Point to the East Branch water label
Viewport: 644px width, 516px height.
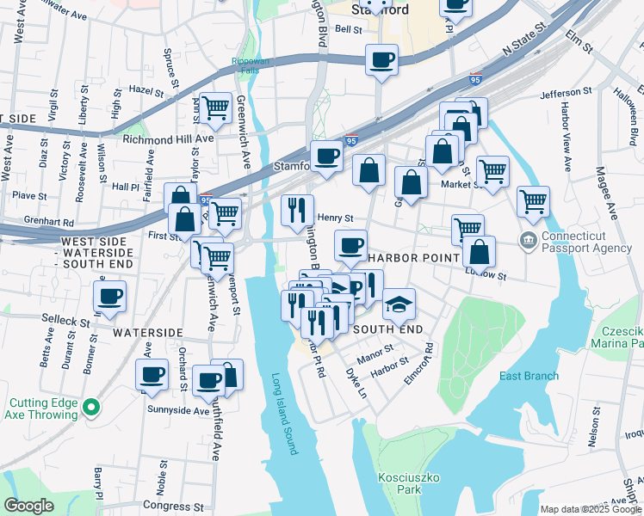(x=529, y=376)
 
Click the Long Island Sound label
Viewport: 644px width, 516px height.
(x=283, y=414)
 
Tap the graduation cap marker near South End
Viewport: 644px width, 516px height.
(x=398, y=305)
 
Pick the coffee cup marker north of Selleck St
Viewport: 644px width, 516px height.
(x=110, y=298)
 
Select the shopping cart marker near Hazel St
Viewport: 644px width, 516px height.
(x=215, y=108)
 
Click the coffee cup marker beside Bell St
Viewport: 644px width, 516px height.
(x=381, y=60)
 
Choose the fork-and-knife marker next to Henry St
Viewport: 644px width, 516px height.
(x=297, y=210)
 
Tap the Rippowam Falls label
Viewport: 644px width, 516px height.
(x=250, y=65)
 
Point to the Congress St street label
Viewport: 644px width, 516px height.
(x=180, y=507)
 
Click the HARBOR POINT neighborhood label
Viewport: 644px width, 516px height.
(x=405, y=258)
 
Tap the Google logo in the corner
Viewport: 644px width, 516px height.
(x=28, y=506)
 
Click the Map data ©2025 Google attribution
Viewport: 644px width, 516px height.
(x=591, y=509)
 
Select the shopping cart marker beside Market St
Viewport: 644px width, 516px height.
(x=492, y=171)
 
